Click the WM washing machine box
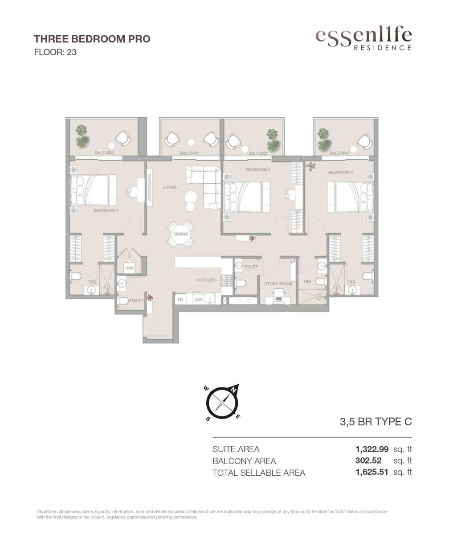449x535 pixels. tap(130, 268)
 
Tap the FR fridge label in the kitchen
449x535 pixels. tap(180, 300)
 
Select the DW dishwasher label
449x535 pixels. tap(199, 299)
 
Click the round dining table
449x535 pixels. tap(181, 234)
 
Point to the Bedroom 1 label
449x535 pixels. tap(106, 210)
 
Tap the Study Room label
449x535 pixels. tap(278, 284)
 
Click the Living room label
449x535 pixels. tap(170, 187)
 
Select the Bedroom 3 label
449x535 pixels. tap(340, 172)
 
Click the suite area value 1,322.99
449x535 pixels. tap(371, 449)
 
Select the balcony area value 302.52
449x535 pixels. tap(368, 461)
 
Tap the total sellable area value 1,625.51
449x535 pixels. tap(371, 472)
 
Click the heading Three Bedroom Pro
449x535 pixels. tap(92, 39)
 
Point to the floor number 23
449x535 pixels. tap(71, 52)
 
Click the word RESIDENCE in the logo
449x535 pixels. tap(383, 48)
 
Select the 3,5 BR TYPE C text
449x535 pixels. tap(376, 422)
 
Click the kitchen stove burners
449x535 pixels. tap(226, 280)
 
